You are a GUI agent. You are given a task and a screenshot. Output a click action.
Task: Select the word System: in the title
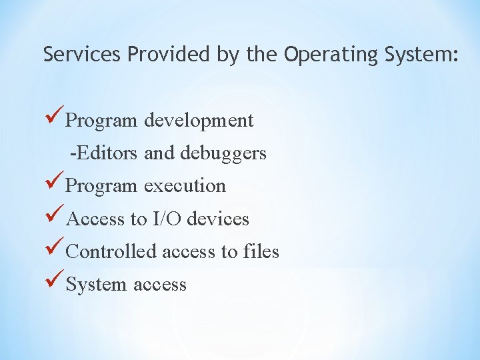(421, 54)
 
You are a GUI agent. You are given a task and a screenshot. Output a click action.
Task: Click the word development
(199, 121)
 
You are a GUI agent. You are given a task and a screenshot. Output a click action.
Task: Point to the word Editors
(106, 153)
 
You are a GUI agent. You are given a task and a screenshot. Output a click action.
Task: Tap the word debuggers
(223, 154)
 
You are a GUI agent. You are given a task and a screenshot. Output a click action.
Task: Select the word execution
(185, 186)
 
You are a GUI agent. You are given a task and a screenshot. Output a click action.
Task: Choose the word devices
(218, 219)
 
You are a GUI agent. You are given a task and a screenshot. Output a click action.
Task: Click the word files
(261, 251)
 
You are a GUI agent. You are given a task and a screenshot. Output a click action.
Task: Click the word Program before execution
(102, 186)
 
